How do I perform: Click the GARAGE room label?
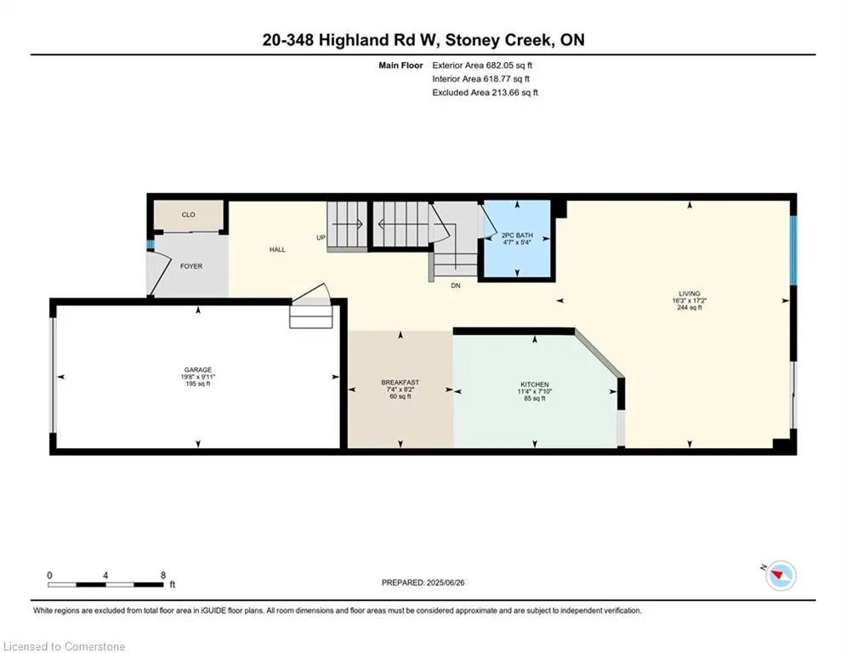[x=198, y=370]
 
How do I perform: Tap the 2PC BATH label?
[x=517, y=236]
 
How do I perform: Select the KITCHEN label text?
[x=535, y=384]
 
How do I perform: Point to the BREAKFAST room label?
[x=400, y=382]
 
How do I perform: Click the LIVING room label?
[x=690, y=293]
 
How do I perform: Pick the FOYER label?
[x=191, y=266]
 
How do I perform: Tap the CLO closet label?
[x=188, y=215]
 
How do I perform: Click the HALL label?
[x=277, y=249]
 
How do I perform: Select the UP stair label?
[x=321, y=237]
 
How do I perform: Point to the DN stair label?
[x=456, y=286]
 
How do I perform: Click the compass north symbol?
[x=781, y=576]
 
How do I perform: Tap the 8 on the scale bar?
[x=163, y=576]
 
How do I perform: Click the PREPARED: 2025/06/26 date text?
[x=423, y=582]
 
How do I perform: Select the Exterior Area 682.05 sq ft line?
[x=482, y=65]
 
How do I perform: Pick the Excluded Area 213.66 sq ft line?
[x=485, y=93]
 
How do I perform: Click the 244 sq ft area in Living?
[x=690, y=308]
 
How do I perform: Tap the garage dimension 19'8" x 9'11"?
[x=198, y=377]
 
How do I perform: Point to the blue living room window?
[x=793, y=251]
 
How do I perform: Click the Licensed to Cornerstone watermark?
[x=64, y=646]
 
